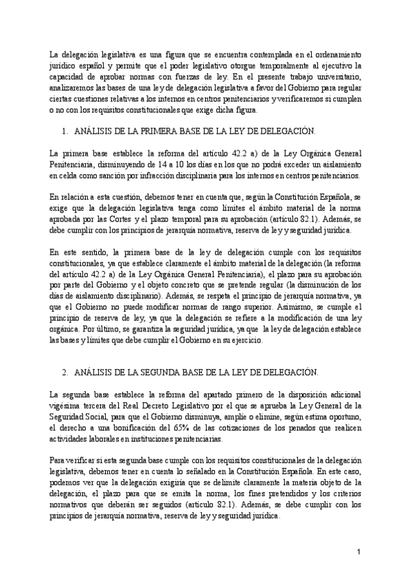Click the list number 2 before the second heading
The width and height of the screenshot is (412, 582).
click(64, 371)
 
